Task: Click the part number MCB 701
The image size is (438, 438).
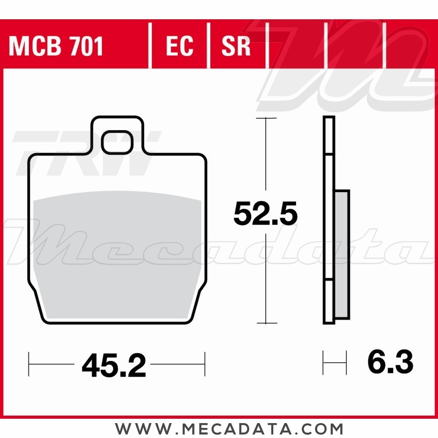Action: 56,46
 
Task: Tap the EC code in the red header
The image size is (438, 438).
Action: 179,46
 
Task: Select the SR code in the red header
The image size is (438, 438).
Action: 236,46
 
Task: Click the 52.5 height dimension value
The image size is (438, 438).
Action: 265,214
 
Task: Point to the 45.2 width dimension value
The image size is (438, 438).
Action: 114,365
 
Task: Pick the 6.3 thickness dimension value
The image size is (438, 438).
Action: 390,362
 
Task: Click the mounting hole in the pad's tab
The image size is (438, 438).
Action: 117,142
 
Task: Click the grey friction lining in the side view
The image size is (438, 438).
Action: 342,254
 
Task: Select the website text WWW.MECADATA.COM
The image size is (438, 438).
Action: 229,429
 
